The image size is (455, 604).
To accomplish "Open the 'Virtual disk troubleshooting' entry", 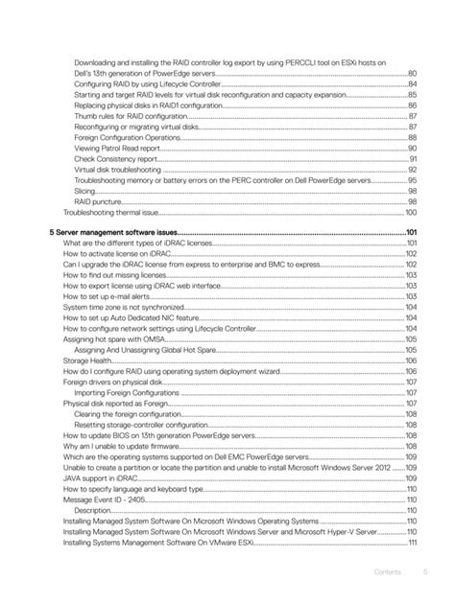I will click(120, 170).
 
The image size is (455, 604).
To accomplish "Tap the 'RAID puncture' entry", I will click(97, 201).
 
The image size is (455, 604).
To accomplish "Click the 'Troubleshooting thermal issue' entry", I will click(110, 212).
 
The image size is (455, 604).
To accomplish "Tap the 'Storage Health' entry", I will click(86, 360).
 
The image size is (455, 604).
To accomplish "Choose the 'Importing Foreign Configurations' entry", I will click(125, 393).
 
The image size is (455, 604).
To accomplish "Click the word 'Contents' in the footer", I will click(388, 572).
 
